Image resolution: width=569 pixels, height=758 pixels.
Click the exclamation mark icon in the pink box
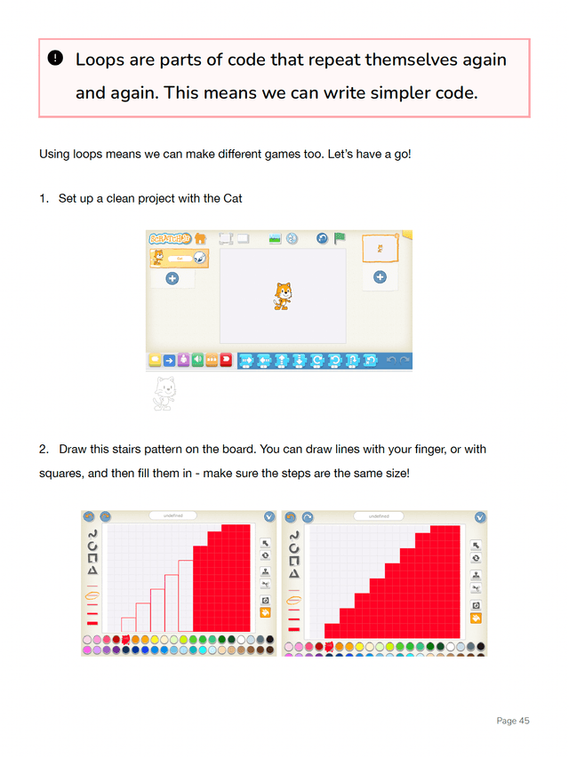pyautogui.click(x=55, y=59)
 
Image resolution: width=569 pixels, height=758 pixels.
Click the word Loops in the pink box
pyautogui.click(x=100, y=60)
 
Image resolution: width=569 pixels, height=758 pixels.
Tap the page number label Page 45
pyautogui.click(x=512, y=721)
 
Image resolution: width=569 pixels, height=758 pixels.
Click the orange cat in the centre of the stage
pyautogui.click(x=282, y=296)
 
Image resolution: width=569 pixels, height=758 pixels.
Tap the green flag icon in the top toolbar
pyautogui.click(x=340, y=238)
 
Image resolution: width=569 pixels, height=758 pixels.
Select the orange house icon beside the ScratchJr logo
pyautogui.click(x=201, y=238)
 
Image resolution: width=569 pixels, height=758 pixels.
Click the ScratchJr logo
pyautogui.click(x=169, y=238)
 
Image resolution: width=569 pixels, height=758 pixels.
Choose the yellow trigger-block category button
pyautogui.click(x=155, y=360)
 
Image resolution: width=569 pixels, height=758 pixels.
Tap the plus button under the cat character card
pyautogui.click(x=172, y=278)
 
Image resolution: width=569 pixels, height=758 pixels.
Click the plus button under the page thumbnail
pyautogui.click(x=380, y=277)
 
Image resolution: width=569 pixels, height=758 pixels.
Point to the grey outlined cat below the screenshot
pyautogui.click(x=164, y=392)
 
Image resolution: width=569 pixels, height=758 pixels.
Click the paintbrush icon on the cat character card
pyautogui.click(x=200, y=258)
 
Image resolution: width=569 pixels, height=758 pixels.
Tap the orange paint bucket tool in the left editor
pyautogui.click(x=265, y=613)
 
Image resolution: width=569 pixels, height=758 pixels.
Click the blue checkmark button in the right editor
pyautogui.click(x=480, y=516)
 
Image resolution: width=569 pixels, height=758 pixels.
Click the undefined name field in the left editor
pyautogui.click(x=174, y=515)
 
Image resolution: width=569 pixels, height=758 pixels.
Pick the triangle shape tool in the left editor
pyautogui.click(x=92, y=571)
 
